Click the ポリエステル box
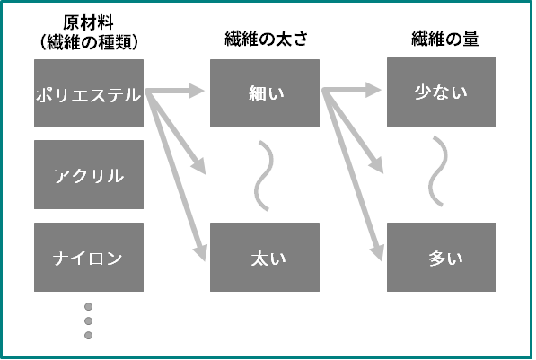point(89,93)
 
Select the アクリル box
point(89,174)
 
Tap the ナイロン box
point(89,257)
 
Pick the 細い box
point(265,93)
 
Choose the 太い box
point(265,257)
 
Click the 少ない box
point(442,92)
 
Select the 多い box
point(442,257)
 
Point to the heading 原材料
point(88,23)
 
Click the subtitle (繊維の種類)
point(89,42)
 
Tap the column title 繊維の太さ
point(267,39)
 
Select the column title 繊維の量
point(445,39)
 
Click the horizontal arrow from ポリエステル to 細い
point(175,91)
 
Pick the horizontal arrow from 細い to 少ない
point(351,91)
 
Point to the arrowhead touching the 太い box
point(201,252)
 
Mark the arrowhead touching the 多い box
point(377,252)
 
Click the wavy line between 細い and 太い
point(264,176)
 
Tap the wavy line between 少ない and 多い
point(438,171)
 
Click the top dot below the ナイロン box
point(89,307)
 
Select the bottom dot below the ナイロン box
point(89,336)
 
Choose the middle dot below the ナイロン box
point(89,321)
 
